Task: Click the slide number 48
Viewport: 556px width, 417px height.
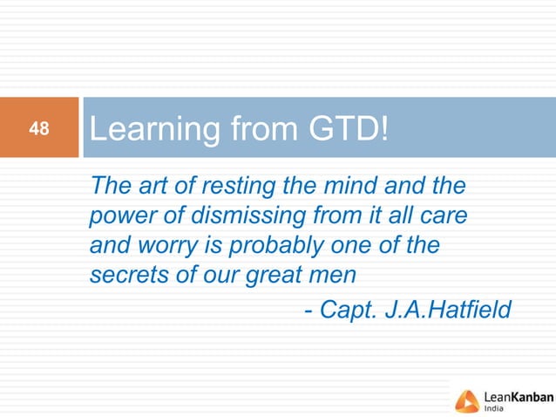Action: coord(38,130)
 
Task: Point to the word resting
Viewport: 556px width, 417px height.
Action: coord(237,186)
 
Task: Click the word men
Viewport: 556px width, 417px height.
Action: coord(337,275)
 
